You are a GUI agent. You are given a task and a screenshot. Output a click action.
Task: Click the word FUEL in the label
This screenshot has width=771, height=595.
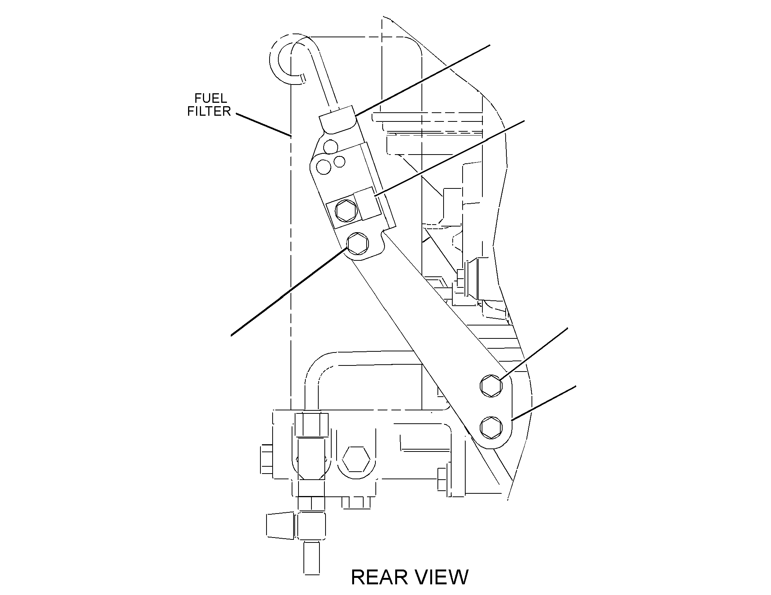211,98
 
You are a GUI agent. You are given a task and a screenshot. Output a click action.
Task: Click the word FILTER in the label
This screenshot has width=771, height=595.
209,111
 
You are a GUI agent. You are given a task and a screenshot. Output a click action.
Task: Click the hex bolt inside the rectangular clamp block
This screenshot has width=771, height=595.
346,210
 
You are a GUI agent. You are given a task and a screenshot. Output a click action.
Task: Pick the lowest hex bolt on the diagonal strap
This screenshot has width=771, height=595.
491,427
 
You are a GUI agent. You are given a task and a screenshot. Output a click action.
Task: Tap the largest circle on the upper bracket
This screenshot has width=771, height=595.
324,166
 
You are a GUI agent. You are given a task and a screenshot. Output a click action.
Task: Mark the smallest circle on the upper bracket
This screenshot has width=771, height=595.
339,161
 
